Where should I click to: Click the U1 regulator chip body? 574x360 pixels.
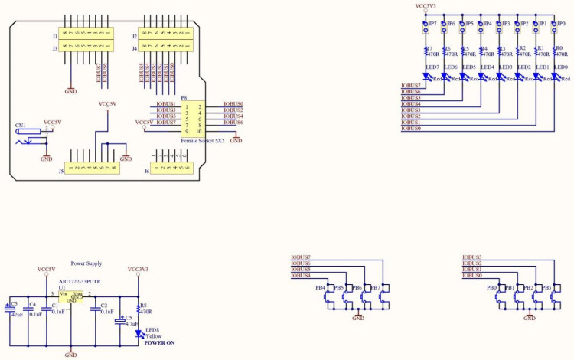point(71,297)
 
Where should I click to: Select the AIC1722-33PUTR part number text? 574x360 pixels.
point(80,282)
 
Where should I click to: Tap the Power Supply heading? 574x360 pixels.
point(86,262)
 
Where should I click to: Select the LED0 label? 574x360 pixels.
point(562,67)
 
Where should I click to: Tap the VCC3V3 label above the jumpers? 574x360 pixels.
point(426,6)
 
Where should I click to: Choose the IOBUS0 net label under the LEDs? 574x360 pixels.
point(411,129)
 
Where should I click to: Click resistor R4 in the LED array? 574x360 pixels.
point(482,52)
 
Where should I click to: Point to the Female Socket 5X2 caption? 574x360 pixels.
point(202,142)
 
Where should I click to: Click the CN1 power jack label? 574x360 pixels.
point(20,124)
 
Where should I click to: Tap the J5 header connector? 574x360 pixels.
point(92,168)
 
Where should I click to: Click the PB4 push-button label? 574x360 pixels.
point(320,288)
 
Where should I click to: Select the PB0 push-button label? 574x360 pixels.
point(491,288)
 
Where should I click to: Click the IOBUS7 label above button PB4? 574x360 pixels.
point(300,257)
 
